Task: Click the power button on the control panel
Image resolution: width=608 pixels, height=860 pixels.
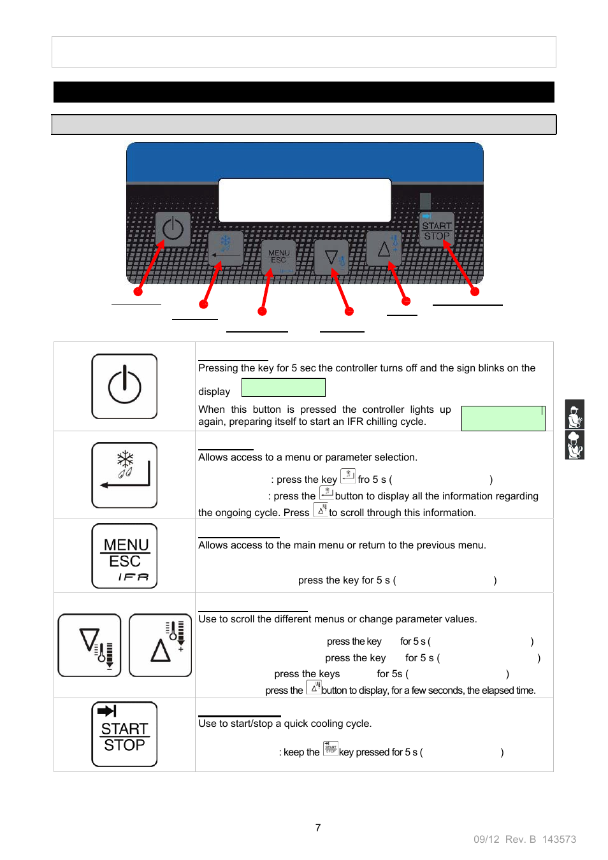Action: click(173, 229)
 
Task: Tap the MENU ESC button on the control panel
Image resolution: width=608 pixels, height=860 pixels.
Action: click(279, 257)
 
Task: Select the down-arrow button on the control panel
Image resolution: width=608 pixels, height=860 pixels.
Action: click(332, 257)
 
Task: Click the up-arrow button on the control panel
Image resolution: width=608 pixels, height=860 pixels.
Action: click(384, 248)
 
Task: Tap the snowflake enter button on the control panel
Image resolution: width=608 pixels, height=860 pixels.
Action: click(226, 248)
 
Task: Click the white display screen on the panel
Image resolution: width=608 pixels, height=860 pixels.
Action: click(305, 200)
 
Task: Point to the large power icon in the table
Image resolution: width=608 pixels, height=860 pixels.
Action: click(124, 386)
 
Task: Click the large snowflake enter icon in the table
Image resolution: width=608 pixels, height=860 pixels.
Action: click(124, 475)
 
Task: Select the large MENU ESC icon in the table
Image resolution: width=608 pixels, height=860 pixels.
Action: click(124, 555)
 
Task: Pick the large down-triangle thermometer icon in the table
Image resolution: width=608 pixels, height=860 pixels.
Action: click(89, 645)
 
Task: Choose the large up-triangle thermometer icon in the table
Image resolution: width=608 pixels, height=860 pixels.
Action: click(160, 645)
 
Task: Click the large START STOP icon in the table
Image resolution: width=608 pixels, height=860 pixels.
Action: click(124, 734)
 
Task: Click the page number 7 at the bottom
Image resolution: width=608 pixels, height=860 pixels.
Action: click(318, 828)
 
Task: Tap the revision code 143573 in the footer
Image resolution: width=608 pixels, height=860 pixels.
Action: click(559, 839)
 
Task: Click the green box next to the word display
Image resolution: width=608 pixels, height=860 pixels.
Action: click(284, 387)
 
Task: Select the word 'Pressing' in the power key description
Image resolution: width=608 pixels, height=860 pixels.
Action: click(218, 368)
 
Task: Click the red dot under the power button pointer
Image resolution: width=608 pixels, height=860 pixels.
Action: click(138, 292)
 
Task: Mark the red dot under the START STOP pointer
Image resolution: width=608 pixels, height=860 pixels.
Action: click(475, 292)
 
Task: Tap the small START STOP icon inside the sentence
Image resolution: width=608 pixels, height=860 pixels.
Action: click(331, 748)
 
